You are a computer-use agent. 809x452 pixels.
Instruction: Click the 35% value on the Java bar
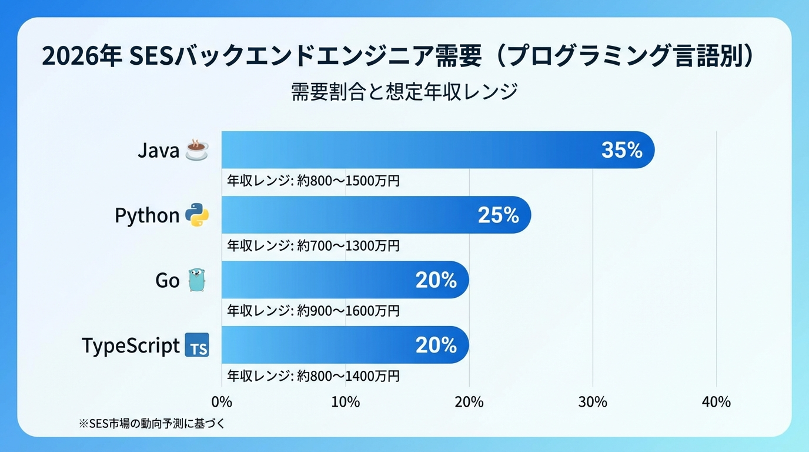tap(622, 150)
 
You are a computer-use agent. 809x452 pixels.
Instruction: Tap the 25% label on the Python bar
tap(499, 215)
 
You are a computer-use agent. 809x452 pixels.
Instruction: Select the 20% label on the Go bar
tap(436, 281)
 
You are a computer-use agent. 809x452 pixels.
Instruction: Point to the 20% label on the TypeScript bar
tap(436, 345)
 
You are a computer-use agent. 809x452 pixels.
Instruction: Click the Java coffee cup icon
tap(196, 150)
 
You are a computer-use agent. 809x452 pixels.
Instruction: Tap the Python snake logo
tap(197, 215)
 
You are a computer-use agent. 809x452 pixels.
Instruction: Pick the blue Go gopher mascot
tap(197, 280)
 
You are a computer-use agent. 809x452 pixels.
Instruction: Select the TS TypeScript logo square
tap(197, 345)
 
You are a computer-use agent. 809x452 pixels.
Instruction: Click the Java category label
tap(158, 151)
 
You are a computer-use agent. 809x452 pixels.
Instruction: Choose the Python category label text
tap(147, 216)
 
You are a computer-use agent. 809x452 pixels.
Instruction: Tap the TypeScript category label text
tap(131, 345)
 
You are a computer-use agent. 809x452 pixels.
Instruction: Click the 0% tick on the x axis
tap(222, 402)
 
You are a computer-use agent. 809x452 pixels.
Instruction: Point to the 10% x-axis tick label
tap(346, 402)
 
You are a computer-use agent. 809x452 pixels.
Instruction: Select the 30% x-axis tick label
tap(593, 402)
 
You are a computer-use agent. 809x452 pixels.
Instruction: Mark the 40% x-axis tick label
tap(716, 402)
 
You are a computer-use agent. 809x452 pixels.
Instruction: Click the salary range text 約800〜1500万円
tap(348, 181)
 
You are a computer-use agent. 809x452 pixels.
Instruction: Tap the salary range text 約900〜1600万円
tap(348, 310)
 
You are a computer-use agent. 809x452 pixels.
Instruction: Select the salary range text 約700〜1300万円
tap(348, 245)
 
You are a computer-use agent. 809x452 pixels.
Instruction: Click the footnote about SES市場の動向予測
tap(152, 423)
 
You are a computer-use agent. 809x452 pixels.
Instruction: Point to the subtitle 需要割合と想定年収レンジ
tap(404, 92)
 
